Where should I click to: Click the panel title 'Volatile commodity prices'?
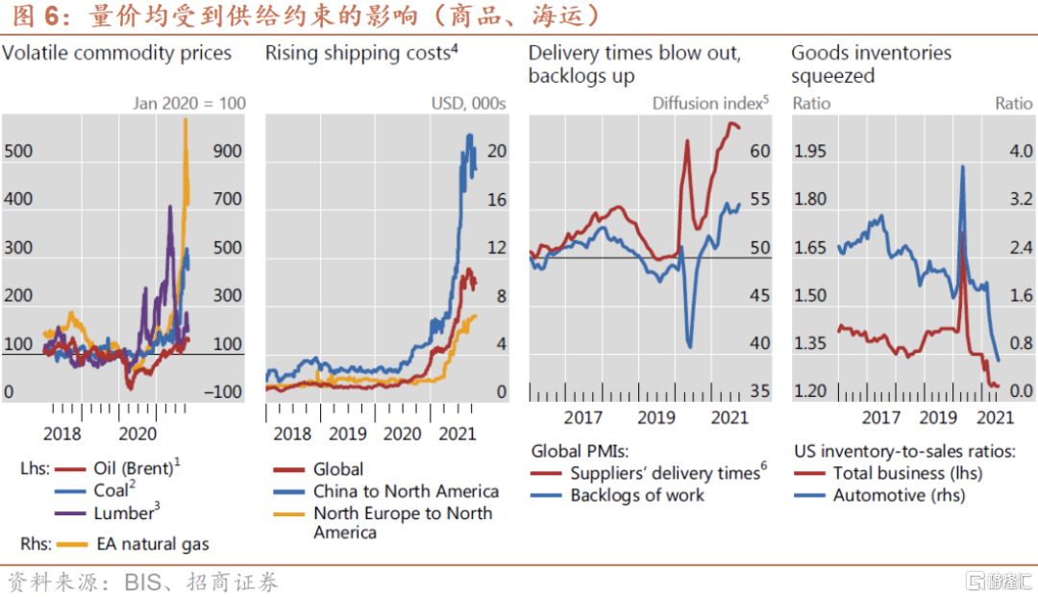[x=116, y=53]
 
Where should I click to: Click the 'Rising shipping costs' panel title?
[x=358, y=53]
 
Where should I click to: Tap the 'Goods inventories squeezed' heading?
[x=871, y=64]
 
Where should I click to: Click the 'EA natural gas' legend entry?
[x=152, y=544]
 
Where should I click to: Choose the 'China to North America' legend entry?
[x=406, y=491]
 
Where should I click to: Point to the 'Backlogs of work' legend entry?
[x=636, y=495]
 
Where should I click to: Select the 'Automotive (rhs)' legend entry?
[x=899, y=495]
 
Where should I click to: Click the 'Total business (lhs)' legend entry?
[x=907, y=472]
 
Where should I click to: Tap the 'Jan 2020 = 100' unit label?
[x=188, y=104]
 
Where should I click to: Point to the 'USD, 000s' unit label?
[x=468, y=104]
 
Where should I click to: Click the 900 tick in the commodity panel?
[x=227, y=152]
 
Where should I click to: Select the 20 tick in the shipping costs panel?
[x=496, y=152]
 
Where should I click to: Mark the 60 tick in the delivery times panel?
[x=759, y=152]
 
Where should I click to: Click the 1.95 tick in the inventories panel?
[x=811, y=152]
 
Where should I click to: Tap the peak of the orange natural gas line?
[x=185, y=119]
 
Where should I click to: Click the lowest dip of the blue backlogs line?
[x=689, y=344]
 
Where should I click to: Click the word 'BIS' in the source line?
[x=144, y=583]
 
